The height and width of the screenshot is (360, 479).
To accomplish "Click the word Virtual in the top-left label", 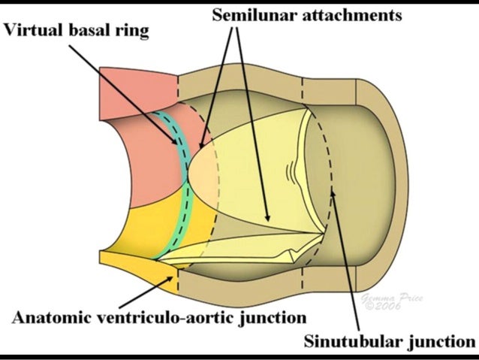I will click(29, 31).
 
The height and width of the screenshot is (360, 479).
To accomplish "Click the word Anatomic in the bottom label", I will click(48, 316).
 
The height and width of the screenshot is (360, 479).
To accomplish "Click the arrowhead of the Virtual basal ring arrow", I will click(179, 143).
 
